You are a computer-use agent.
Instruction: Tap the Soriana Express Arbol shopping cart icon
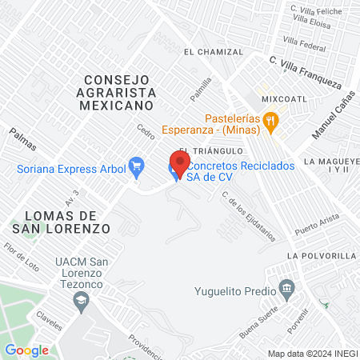(136, 166)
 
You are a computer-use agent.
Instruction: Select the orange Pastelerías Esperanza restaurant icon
(272, 121)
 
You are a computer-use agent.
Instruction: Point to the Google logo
(26, 350)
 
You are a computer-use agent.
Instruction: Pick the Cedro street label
(146, 130)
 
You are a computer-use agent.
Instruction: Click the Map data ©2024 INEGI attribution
(312, 354)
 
